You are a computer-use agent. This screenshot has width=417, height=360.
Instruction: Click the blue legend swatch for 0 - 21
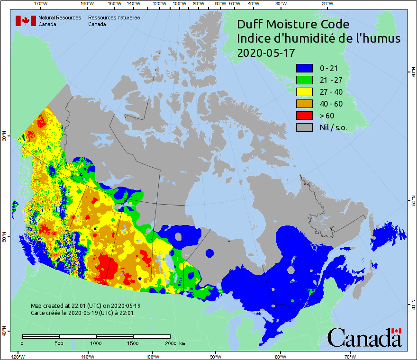[x=304, y=68]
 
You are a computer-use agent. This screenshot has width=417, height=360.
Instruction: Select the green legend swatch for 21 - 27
[x=304, y=80]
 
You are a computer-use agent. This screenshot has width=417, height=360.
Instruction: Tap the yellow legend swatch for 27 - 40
[x=304, y=92]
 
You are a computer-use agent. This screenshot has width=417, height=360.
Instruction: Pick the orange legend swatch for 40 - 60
[x=304, y=104]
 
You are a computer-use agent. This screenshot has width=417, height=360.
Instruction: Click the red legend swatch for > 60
[x=304, y=116]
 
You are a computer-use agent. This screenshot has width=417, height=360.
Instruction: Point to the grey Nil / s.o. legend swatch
[x=304, y=127]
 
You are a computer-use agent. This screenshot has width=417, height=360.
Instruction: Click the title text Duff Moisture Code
[x=293, y=24]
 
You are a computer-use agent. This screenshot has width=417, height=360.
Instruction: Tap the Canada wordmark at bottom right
[x=364, y=338]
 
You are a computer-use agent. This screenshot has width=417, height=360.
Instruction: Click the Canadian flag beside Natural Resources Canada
[x=26, y=21]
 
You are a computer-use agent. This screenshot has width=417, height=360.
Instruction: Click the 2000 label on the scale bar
[x=170, y=343]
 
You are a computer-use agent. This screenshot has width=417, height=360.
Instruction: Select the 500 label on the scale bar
[x=59, y=343]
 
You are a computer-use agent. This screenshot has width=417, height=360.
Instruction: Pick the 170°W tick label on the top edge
[x=41, y=4]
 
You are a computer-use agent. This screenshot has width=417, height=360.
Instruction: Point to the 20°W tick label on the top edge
[x=326, y=4]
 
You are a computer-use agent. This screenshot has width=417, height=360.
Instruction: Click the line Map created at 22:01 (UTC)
[x=85, y=306]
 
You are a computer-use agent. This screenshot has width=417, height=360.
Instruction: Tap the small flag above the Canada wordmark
[x=396, y=331]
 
